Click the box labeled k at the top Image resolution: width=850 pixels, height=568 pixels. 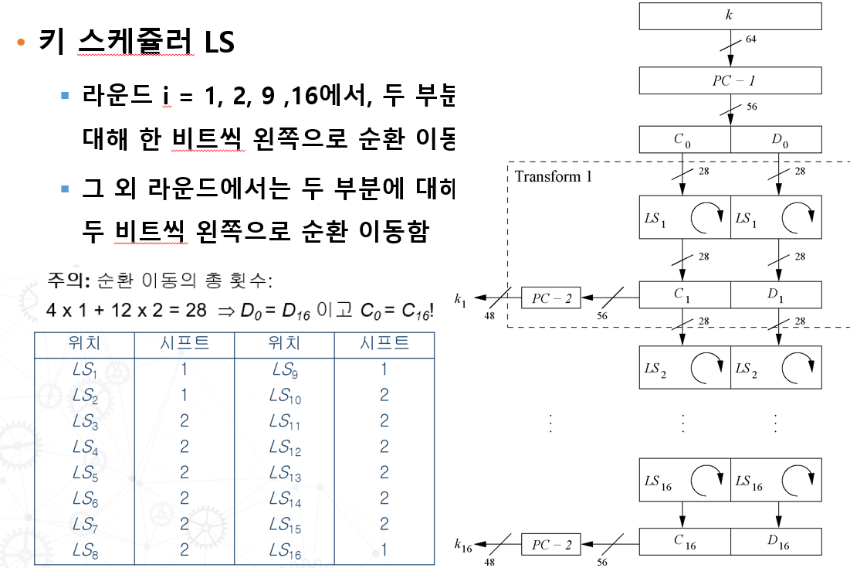coord(730,15)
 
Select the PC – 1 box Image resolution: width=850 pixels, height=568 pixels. coord(730,80)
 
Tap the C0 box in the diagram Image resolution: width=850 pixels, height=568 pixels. coord(685,140)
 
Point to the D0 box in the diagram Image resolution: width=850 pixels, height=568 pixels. coord(776,140)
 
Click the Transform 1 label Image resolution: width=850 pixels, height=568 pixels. coord(554,176)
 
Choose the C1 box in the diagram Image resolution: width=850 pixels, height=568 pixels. coord(685,294)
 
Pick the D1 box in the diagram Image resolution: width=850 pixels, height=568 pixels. coord(776,294)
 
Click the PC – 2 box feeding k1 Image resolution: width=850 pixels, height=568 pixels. coord(551,298)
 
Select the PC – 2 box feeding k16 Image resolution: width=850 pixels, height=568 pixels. coord(551,545)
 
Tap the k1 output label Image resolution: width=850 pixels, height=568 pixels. coord(461,298)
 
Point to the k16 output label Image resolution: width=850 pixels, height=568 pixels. coord(463,546)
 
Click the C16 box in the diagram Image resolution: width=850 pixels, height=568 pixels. coord(685,542)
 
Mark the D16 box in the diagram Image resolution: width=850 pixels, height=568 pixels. coord(777,542)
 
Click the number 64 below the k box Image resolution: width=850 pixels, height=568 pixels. coord(750,39)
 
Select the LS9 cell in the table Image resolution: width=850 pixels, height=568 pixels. coord(284,370)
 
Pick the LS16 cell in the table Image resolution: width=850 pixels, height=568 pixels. coord(284,551)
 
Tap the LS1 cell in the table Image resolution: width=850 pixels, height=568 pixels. coord(84,370)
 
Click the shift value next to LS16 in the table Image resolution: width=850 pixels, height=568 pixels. coord(384,551)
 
